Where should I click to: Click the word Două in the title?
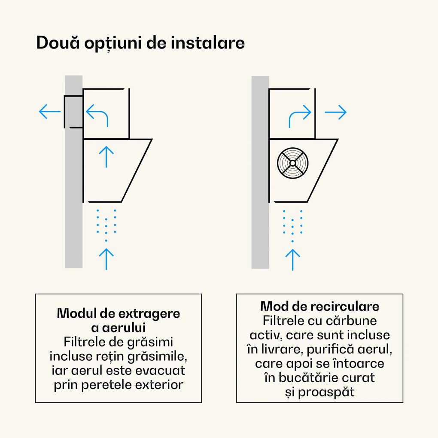(58, 43)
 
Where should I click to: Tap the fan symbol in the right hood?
(293, 163)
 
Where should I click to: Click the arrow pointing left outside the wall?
(50, 112)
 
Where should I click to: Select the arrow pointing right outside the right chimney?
(335, 113)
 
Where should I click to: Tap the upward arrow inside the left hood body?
(106, 157)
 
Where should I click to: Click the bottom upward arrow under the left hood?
(106, 259)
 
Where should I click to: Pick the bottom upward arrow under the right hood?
(292, 260)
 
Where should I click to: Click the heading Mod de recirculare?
(319, 307)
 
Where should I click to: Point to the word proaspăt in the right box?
(326, 392)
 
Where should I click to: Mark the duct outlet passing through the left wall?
(73, 112)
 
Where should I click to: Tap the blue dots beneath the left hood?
(106, 225)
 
